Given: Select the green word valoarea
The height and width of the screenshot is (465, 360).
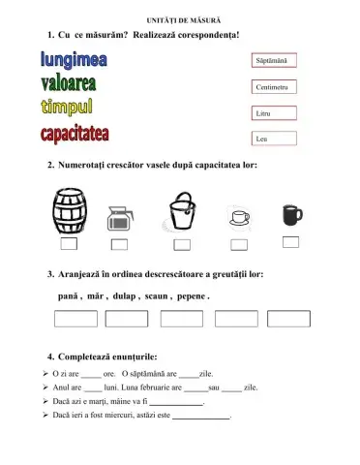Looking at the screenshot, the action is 74,84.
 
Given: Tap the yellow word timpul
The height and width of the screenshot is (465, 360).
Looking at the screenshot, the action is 67,107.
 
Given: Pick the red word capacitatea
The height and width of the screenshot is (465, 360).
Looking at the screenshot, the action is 75,133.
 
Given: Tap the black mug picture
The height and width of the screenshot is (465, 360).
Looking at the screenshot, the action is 290,214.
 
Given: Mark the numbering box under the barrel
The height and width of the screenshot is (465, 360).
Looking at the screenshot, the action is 69,243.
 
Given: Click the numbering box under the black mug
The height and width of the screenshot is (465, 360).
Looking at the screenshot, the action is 290,241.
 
